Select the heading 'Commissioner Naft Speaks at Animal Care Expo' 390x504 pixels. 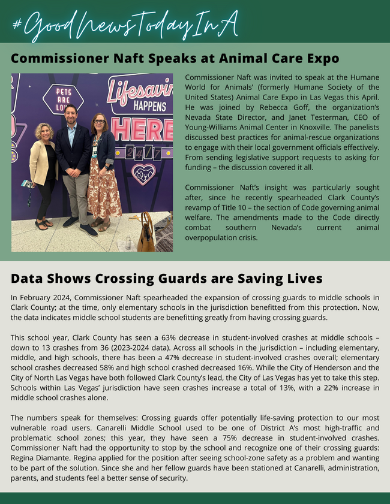[x=175, y=59]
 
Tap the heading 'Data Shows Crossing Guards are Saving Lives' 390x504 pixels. [x=166, y=278]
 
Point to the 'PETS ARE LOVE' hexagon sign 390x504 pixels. [x=64, y=99]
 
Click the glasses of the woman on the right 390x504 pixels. [x=99, y=121]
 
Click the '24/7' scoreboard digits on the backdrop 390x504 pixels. [x=143, y=153]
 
